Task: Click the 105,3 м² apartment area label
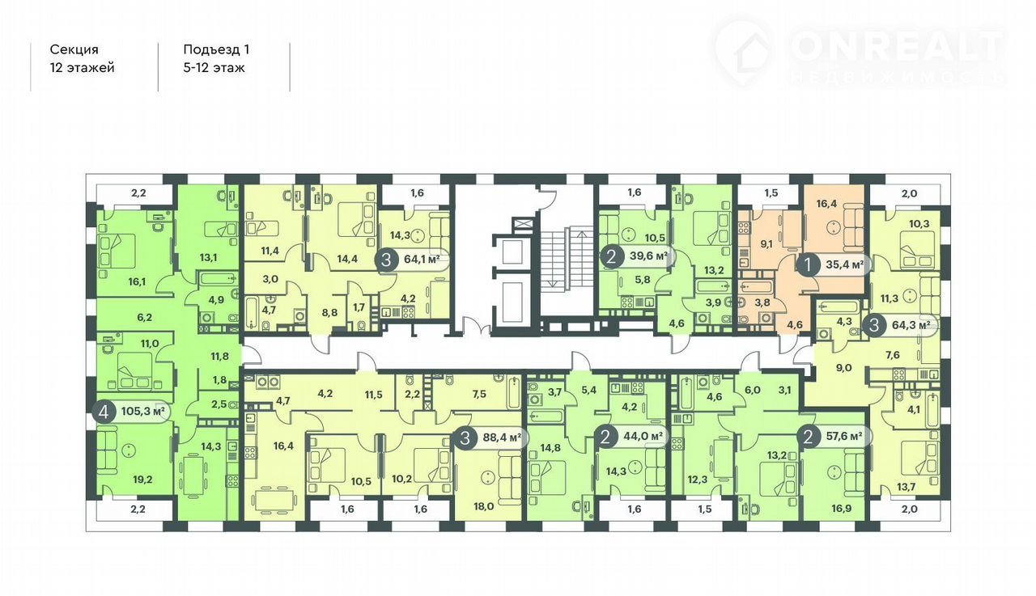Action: pos(143,411)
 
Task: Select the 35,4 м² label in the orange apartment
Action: pos(845,265)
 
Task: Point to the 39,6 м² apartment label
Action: pos(648,256)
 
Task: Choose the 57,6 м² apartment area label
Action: pos(844,436)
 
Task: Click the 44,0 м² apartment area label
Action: pos(643,436)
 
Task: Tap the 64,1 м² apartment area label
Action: pos(422,259)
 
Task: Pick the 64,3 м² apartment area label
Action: pos(911,325)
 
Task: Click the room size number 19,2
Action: pos(142,480)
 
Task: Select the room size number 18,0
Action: pos(483,506)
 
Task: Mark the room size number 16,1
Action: pos(136,281)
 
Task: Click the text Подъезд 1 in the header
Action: pos(216,49)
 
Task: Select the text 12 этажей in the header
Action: pos(83,68)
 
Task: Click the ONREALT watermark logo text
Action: pos(898,47)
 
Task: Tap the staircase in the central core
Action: pos(567,259)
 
